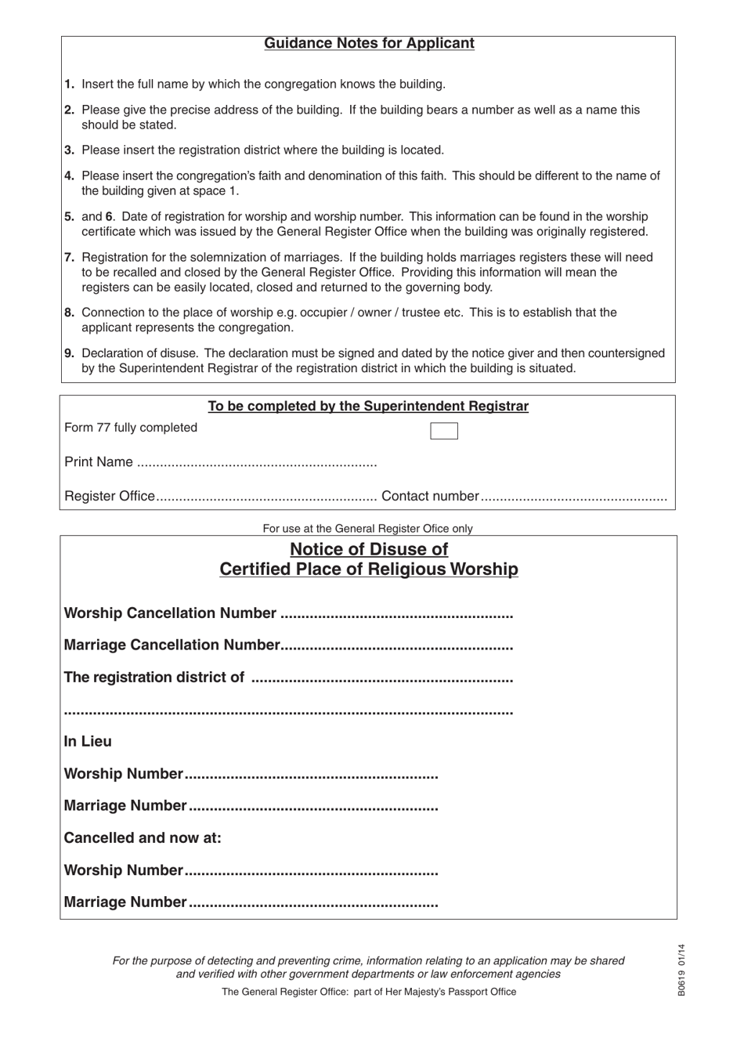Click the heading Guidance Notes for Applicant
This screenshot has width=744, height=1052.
369,44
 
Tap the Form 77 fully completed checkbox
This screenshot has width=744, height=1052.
444,431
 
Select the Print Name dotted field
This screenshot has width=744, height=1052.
257,464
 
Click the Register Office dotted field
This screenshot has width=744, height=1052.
266,497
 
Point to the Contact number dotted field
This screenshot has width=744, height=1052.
573,497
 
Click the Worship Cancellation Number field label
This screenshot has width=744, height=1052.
170,613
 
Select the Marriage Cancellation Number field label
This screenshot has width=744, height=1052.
172,645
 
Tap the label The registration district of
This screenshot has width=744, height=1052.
153,678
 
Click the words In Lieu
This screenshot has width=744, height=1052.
88,742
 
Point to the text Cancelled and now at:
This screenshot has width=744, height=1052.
143,838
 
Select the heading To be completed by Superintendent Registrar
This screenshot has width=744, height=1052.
368,407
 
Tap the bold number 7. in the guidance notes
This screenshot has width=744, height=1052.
70,258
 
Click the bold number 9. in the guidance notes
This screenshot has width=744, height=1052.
70,353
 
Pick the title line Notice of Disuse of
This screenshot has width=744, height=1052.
369,549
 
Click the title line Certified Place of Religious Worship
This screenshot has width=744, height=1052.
369,569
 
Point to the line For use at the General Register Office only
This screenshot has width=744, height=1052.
367,529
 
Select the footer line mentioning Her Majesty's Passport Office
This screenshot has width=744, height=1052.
369,992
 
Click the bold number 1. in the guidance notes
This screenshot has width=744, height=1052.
70,85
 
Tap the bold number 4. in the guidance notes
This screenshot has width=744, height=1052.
70,176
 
